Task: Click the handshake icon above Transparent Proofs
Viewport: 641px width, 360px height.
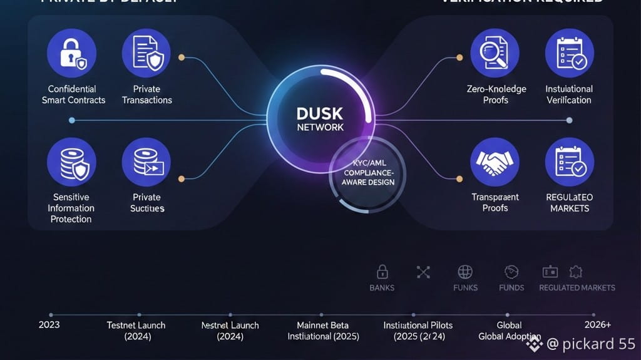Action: (x=495, y=162)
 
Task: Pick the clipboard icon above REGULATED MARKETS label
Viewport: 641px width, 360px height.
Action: (x=570, y=162)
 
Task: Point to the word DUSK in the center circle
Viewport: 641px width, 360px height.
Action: (x=320, y=114)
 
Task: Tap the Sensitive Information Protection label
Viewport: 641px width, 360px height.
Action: (x=71, y=208)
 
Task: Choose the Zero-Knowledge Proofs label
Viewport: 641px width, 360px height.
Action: (x=496, y=95)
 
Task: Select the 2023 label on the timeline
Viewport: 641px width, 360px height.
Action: (x=49, y=324)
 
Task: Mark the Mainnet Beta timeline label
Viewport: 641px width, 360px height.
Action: (x=322, y=325)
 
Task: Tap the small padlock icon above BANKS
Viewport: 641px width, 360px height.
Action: (x=382, y=272)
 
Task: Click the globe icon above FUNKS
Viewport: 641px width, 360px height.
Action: (x=464, y=272)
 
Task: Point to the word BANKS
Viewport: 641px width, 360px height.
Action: (x=382, y=288)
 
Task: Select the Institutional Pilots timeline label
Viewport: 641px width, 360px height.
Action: (x=418, y=325)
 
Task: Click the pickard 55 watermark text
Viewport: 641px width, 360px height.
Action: (x=591, y=344)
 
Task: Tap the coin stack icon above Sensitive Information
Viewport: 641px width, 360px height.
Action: (x=71, y=162)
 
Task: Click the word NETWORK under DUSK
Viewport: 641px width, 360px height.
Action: (x=320, y=127)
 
